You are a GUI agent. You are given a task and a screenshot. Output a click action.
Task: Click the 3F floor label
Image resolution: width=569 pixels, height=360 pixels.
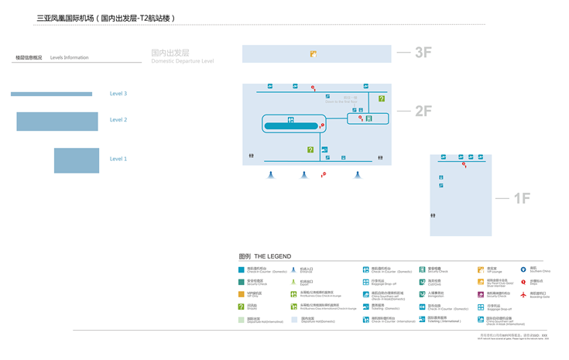423,53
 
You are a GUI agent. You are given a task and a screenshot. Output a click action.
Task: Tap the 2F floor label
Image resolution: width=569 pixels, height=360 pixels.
423,111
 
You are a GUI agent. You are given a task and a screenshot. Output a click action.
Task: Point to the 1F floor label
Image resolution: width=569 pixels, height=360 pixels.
522,199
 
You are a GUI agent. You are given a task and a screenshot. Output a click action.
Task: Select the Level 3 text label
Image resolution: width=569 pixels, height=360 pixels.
118,94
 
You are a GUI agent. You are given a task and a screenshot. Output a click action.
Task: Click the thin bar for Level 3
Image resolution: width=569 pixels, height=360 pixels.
51,94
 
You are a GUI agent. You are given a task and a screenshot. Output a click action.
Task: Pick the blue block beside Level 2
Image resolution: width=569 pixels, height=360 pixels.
57,122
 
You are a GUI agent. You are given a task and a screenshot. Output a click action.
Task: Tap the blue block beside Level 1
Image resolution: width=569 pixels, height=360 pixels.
77,160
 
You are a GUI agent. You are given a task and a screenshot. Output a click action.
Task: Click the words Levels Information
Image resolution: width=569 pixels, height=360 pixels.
70,57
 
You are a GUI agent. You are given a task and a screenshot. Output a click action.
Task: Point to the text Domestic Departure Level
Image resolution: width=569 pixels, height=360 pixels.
183,60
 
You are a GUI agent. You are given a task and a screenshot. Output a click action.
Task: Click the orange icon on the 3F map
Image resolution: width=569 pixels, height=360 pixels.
314,54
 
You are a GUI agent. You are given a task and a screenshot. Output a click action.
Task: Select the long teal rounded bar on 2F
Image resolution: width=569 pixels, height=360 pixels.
291,125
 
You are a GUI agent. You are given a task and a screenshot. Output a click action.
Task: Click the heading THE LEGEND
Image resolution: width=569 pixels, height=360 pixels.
273,256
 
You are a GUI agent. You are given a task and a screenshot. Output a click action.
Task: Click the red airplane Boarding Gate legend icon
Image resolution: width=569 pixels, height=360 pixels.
523,295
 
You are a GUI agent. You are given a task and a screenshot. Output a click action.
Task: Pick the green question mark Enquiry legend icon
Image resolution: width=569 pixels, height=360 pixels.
242,307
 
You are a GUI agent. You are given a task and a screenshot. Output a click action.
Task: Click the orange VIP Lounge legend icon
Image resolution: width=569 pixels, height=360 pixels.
481,270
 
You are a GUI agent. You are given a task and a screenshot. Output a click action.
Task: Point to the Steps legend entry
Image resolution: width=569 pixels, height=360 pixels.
536,283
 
